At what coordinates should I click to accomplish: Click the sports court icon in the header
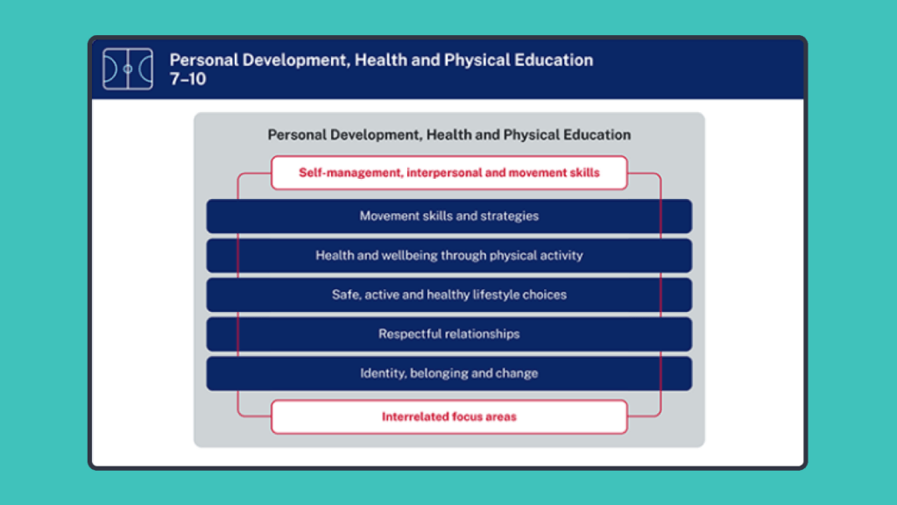tap(128, 68)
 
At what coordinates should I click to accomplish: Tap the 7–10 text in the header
tap(187, 78)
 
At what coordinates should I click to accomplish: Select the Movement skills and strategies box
tap(448, 216)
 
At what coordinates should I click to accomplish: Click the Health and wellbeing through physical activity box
tap(448, 255)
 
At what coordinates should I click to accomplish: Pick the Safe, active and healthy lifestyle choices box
tap(448, 295)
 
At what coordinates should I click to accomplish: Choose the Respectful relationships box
tap(448, 334)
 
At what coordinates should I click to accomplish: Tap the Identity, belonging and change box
tap(448, 373)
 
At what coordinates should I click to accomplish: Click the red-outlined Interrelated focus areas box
tap(448, 416)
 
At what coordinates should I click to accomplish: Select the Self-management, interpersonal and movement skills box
tap(448, 173)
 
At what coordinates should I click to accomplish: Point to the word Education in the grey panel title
tap(598, 135)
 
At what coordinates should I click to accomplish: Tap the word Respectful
tap(410, 334)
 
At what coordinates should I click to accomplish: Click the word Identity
tap(383, 373)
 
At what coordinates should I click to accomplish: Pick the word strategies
tap(509, 216)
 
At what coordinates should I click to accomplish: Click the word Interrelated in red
tap(414, 416)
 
